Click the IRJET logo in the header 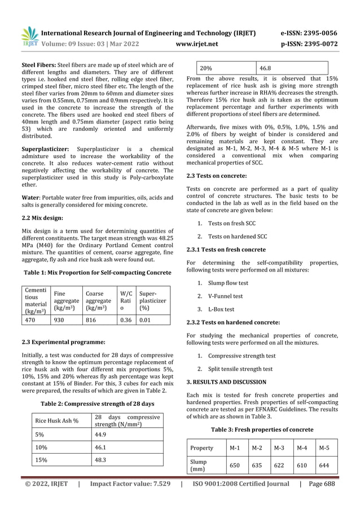click(x=29, y=36)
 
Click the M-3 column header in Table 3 click(x=279, y=448)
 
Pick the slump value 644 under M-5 click(x=324, y=466)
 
